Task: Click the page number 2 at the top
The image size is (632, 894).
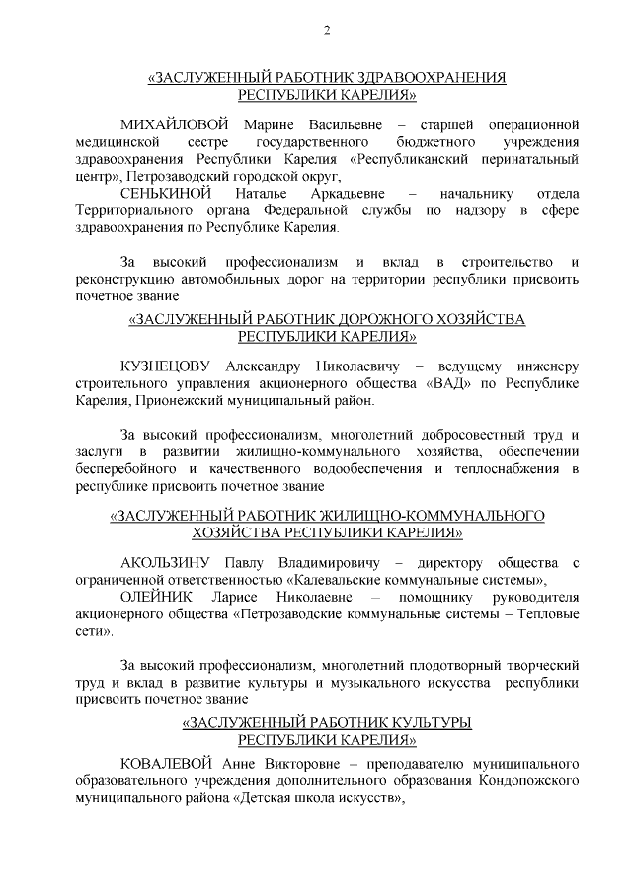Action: (x=327, y=29)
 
